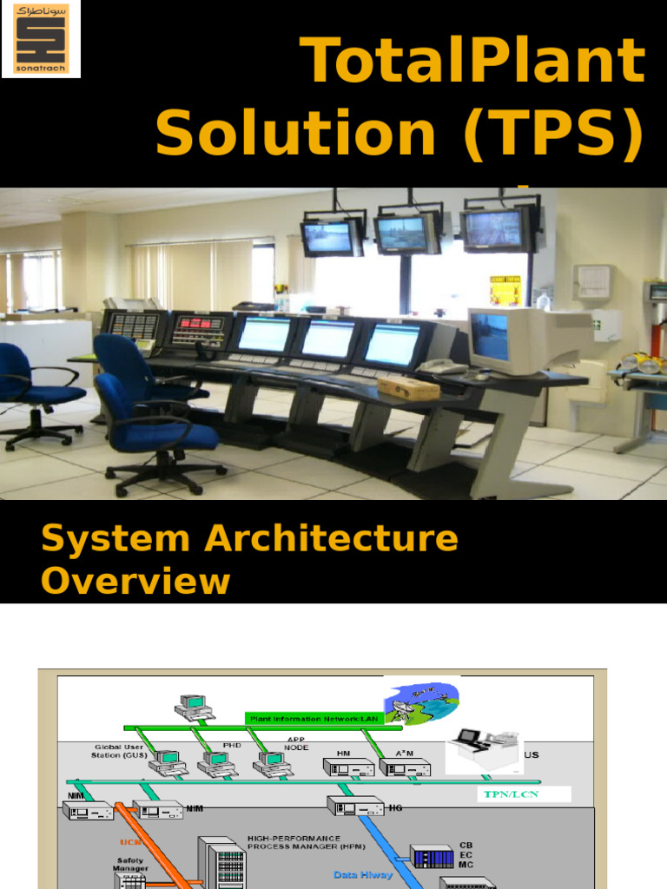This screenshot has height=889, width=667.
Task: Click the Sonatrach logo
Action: pyautogui.click(x=41, y=39)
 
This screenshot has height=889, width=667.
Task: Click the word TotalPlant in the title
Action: pyautogui.click(x=473, y=63)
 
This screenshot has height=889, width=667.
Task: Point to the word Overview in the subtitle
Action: pyautogui.click(x=135, y=581)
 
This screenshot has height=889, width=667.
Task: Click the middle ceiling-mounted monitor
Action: pyautogui.click(x=407, y=233)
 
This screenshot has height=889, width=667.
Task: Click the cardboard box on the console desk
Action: pyautogui.click(x=408, y=388)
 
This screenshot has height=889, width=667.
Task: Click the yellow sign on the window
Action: pyautogui.click(x=505, y=290)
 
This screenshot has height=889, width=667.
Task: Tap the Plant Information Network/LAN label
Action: pyautogui.click(x=307, y=718)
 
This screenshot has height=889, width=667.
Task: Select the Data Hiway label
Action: pyautogui.click(x=363, y=875)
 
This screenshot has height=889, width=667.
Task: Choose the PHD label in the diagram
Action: pyautogui.click(x=232, y=745)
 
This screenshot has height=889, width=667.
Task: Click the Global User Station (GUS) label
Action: pyautogui.click(x=119, y=751)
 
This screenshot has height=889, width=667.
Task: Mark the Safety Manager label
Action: pyautogui.click(x=132, y=865)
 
